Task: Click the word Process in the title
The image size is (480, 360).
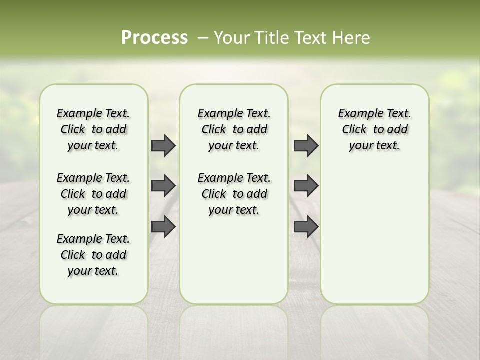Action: tap(154, 38)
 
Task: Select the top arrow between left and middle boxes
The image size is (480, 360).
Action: tap(163, 145)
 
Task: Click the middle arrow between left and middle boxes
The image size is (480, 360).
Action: tap(163, 186)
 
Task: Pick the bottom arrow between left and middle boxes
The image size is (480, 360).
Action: tap(163, 226)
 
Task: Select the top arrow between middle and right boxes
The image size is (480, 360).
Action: tap(306, 145)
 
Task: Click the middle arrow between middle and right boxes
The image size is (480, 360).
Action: tap(306, 186)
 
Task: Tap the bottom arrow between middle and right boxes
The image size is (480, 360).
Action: tap(306, 226)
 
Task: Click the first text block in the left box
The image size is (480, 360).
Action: tap(93, 129)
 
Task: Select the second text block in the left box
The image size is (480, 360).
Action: tap(93, 194)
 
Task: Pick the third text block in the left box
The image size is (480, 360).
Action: tap(93, 255)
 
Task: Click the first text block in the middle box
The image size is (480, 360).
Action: tap(234, 129)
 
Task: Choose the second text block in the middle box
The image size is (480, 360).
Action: tap(234, 194)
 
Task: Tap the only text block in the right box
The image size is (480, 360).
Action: tap(374, 129)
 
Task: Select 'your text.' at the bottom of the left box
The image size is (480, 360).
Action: tap(93, 271)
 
